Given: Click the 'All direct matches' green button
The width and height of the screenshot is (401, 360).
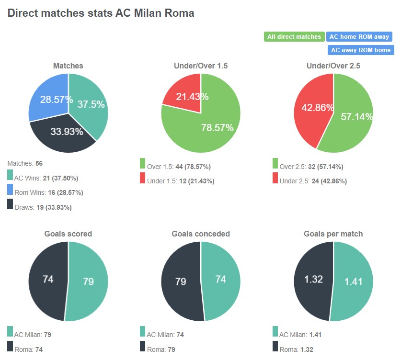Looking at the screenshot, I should [294, 37].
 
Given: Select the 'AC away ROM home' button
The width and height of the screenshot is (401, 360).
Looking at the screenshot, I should [360, 50].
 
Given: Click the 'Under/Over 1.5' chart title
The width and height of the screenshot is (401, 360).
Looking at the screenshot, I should [201, 66].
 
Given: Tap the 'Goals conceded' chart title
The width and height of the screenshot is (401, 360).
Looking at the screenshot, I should [201, 234].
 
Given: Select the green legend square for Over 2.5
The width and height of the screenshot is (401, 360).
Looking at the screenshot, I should [275, 164].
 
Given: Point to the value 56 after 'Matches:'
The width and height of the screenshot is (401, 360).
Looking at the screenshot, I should [39, 164].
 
